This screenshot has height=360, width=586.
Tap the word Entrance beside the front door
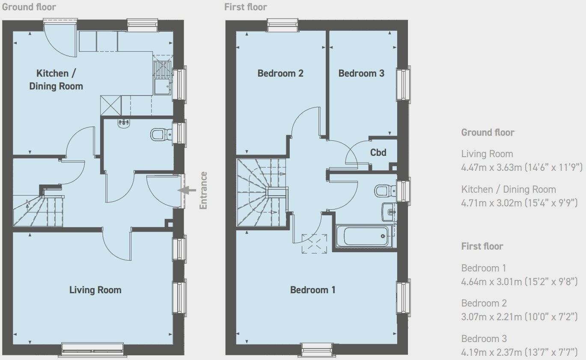pos(203,190)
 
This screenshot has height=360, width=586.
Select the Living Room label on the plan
pos(95,290)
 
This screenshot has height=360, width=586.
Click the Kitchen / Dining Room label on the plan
pos(56,80)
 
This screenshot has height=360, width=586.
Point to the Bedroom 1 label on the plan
pos(312,290)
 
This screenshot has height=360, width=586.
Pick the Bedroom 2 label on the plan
pos(280,73)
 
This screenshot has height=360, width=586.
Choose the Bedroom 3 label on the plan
pos(361,73)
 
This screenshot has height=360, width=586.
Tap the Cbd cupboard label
pos(378,152)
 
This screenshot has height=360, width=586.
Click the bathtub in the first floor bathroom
pos(364,236)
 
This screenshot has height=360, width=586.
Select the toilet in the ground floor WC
pos(160,135)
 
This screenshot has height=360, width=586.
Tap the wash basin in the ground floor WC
pos(124,123)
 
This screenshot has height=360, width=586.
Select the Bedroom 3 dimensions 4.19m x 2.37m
pos(519,352)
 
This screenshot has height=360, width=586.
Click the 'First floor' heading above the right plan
pos(245,7)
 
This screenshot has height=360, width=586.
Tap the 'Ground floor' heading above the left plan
pos(29,7)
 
